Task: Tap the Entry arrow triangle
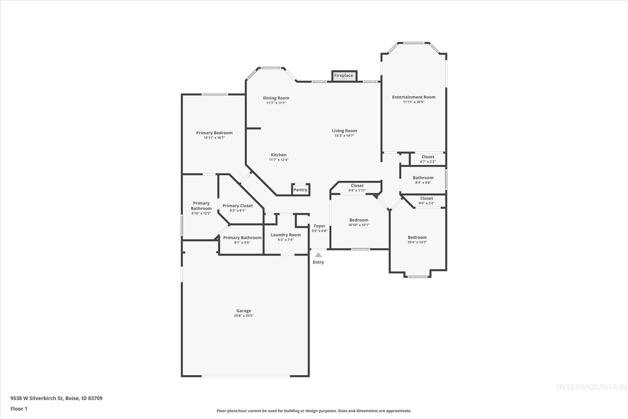(x=318, y=255)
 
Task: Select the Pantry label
(x=300, y=190)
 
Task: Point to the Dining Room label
(x=276, y=98)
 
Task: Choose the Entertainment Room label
(x=413, y=97)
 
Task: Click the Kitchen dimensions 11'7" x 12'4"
(x=278, y=160)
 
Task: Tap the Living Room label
(x=344, y=131)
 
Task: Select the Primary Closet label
(x=238, y=206)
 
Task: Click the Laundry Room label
(x=285, y=235)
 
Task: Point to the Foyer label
(x=319, y=226)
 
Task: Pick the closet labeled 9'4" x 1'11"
(x=357, y=188)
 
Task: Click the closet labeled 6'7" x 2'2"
(x=427, y=159)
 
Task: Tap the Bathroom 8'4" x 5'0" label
(x=423, y=180)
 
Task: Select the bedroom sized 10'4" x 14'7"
(x=417, y=239)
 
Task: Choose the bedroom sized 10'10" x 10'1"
(x=359, y=222)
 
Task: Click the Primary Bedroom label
(x=214, y=133)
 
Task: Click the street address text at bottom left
(x=56, y=398)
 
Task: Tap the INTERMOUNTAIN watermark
(x=592, y=387)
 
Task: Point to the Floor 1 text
(x=19, y=409)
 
